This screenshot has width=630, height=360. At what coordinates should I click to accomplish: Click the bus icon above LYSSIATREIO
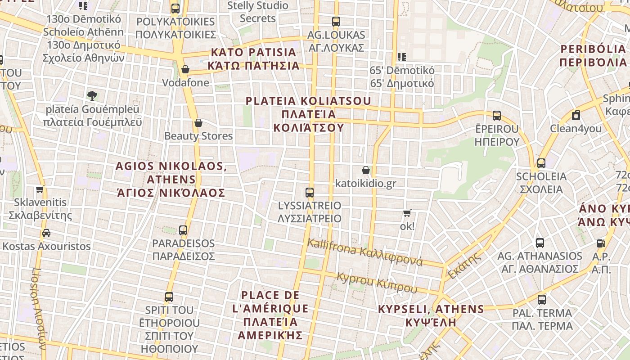pyautogui.click(x=310, y=193)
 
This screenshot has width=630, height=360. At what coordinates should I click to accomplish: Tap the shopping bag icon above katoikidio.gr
pyautogui.click(x=366, y=170)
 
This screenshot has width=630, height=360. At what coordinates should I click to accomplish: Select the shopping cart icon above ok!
pyautogui.click(x=407, y=213)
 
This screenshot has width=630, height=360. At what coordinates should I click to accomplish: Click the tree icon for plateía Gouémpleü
pyautogui.click(x=92, y=96)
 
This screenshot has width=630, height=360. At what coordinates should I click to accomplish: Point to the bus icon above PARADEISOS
pyautogui.click(x=183, y=230)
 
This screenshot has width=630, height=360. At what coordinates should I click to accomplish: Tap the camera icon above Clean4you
pyautogui.click(x=576, y=116)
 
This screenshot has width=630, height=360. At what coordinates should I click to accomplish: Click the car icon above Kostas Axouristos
pyautogui.click(x=46, y=233)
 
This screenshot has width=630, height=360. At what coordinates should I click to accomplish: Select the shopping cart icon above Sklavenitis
pyautogui.click(x=40, y=189)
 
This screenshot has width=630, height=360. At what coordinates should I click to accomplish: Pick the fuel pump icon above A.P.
pyautogui.click(x=601, y=243)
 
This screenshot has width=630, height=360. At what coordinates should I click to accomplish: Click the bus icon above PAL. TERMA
pyautogui.click(x=542, y=300)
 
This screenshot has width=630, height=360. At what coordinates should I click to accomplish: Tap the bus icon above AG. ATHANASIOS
pyautogui.click(x=540, y=243)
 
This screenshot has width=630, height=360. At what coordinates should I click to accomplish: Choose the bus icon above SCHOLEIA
pyautogui.click(x=541, y=163)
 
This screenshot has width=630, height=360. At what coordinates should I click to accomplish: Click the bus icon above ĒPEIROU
pyautogui.click(x=497, y=116)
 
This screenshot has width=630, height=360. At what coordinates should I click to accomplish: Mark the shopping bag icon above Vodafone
pyautogui.click(x=185, y=69)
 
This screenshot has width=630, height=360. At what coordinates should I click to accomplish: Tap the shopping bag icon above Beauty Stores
pyautogui.click(x=198, y=123)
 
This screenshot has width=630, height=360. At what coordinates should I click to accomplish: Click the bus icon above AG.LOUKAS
pyautogui.click(x=336, y=21)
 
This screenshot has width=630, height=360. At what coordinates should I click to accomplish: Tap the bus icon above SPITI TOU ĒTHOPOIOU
pyautogui.click(x=169, y=297)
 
